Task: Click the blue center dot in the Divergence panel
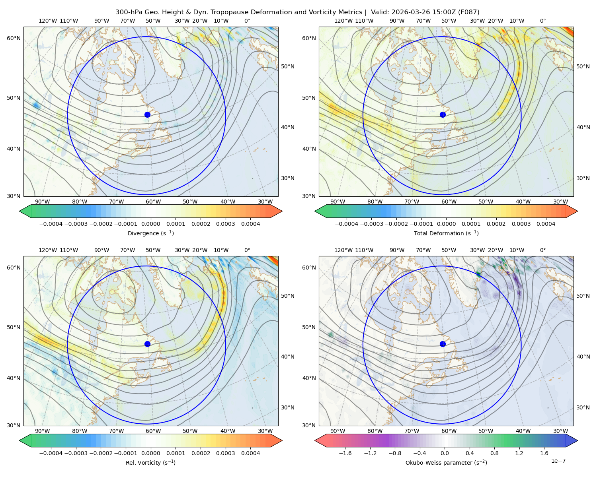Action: tap(147, 115)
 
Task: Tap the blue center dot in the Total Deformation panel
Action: tap(443, 115)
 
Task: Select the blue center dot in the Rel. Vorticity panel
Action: tap(147, 344)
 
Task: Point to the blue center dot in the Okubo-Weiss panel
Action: tap(443, 344)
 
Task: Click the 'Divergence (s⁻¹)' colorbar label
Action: tap(150, 233)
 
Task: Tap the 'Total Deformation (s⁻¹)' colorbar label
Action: tap(446, 233)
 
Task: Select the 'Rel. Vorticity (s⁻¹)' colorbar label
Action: tap(150, 463)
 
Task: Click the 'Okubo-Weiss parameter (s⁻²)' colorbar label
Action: tap(446, 463)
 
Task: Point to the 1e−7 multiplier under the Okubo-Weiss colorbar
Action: tap(558, 461)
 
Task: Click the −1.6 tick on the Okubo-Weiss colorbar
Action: tap(345, 453)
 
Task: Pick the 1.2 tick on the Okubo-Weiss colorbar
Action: tap(519, 453)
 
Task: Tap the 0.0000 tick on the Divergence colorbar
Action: tap(150, 224)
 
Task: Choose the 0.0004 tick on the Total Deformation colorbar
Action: tap(546, 224)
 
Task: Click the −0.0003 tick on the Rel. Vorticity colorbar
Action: tap(76, 453)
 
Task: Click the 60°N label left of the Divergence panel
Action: tap(14, 38)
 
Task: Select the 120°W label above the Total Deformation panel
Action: tap(343, 21)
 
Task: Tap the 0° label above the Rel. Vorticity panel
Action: tap(247, 250)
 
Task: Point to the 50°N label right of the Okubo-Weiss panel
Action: tap(583, 296)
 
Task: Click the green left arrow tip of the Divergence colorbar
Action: tap(20, 211)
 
